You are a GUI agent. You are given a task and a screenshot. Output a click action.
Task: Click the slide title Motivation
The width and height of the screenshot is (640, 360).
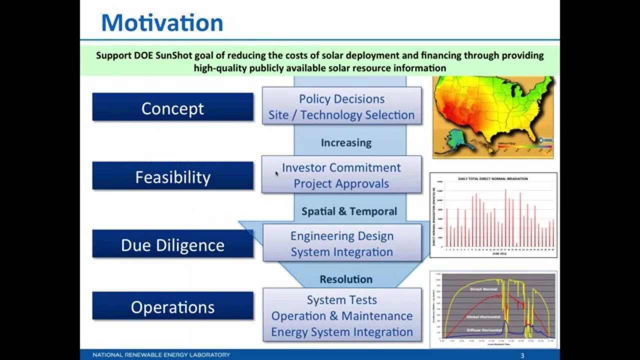point(162,23)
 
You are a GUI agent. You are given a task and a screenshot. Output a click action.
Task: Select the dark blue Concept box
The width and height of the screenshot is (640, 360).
point(172,107)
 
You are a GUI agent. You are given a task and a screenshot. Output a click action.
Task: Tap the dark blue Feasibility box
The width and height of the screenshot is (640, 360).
point(172,176)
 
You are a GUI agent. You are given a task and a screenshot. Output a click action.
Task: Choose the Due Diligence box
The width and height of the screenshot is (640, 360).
point(172,244)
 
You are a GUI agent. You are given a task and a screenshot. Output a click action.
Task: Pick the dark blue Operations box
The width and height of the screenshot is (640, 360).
point(172,306)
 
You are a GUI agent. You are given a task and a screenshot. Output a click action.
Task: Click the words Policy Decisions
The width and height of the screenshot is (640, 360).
point(341,99)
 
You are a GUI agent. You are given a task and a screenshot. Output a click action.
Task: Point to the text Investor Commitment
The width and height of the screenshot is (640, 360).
point(341,167)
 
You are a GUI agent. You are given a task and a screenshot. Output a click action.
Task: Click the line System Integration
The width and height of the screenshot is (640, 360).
point(341,252)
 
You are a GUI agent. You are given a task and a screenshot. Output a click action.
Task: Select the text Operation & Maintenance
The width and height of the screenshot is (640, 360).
point(341,316)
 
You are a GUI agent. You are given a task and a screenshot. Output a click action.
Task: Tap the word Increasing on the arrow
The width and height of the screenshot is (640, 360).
point(346,143)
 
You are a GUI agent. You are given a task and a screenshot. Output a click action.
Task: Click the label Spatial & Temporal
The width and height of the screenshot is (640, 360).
point(349,211)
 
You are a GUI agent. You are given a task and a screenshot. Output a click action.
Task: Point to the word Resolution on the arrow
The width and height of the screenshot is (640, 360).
point(346,279)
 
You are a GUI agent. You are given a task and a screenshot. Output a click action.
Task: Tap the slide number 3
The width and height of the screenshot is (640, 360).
point(522,355)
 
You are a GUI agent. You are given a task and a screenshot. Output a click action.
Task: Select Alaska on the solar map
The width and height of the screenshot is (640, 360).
point(455,138)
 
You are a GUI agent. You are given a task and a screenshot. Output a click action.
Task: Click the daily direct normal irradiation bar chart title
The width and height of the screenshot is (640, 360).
point(493,178)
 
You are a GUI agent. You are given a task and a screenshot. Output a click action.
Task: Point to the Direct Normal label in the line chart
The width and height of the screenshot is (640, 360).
point(483,288)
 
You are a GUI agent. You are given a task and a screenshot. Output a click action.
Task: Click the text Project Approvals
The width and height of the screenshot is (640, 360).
point(341,183)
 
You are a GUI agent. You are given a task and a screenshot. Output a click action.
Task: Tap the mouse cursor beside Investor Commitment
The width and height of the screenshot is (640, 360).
point(277,173)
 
